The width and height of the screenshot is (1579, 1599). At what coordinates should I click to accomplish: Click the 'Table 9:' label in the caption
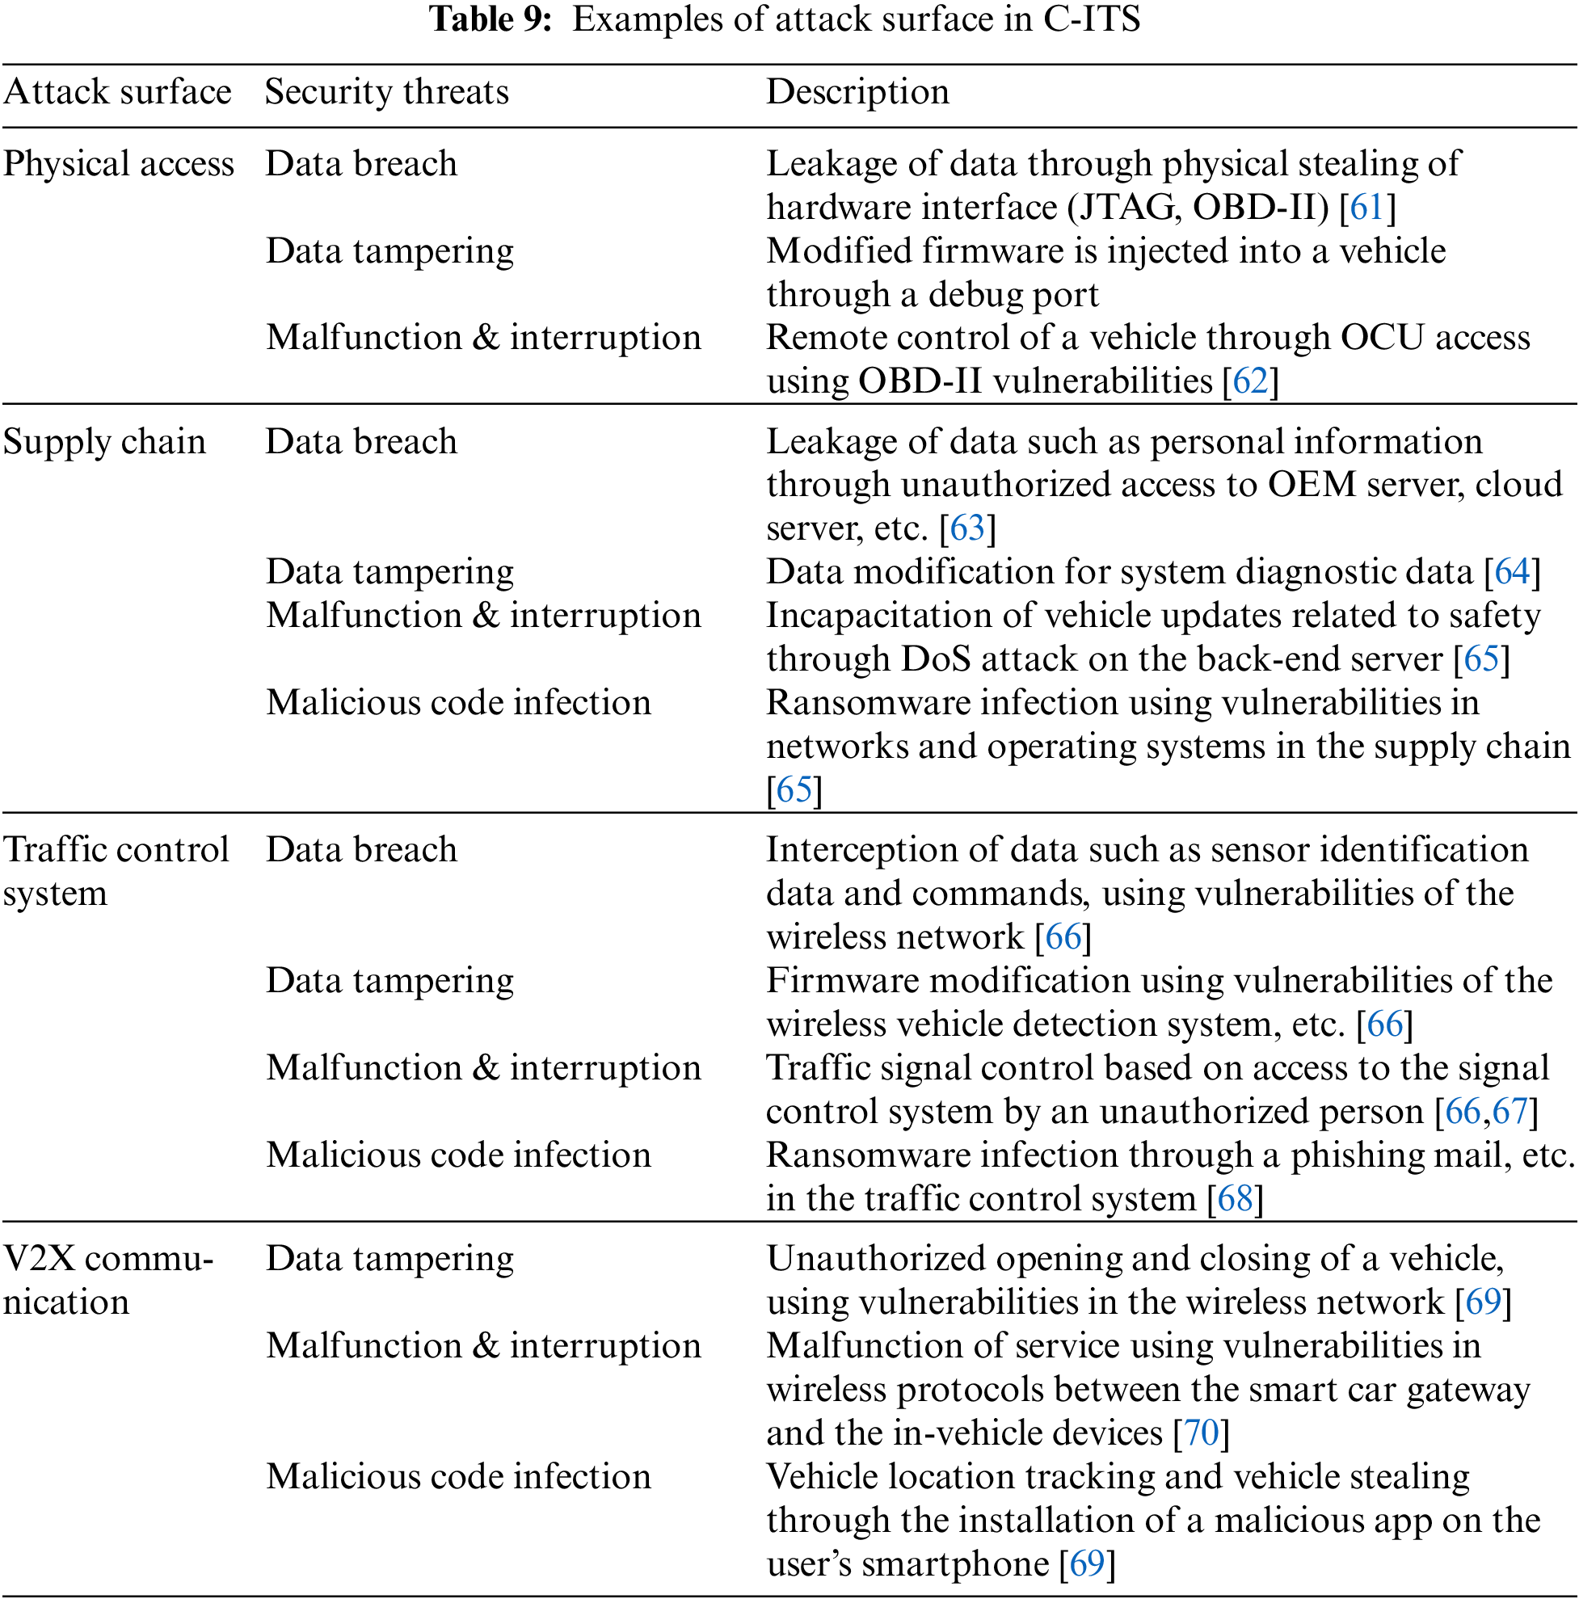(490, 20)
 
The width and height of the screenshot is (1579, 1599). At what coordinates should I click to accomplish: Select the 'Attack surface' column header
(117, 92)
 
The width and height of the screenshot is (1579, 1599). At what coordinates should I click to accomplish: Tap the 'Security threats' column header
(386, 92)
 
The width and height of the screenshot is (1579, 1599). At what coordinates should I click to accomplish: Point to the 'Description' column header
(857, 92)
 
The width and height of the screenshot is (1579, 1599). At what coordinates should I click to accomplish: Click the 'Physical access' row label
(118, 164)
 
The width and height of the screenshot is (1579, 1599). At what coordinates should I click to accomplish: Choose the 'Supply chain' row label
(104, 442)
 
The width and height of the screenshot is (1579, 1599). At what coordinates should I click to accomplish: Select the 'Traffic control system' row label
(115, 871)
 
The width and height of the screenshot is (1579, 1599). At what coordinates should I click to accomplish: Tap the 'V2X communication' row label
(107, 1280)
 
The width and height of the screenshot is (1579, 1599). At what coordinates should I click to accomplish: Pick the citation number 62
(1250, 381)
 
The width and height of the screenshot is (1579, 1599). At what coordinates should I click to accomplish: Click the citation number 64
(1512, 572)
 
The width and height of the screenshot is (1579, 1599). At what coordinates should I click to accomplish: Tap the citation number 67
(1510, 1112)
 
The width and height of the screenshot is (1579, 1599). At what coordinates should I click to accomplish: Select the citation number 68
(1235, 1198)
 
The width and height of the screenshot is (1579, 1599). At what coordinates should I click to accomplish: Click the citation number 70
(1202, 1433)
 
